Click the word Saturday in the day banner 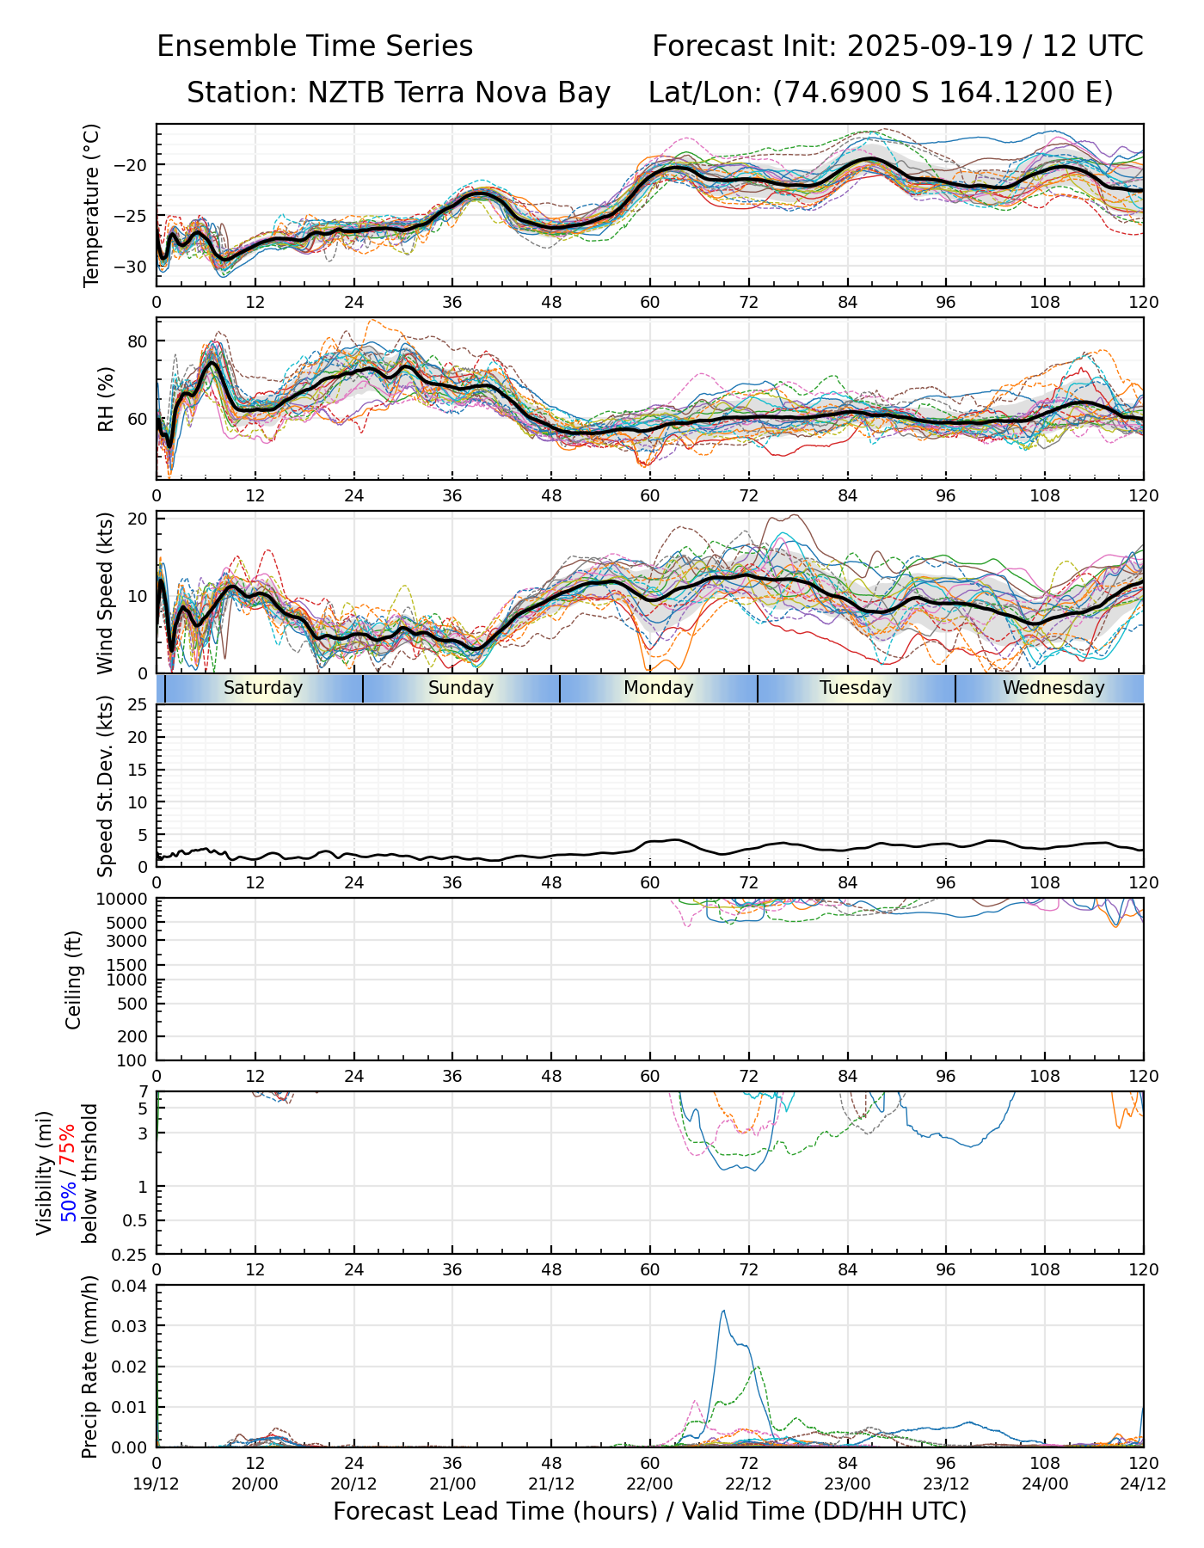pos(263,688)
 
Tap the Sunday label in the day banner pos(461,688)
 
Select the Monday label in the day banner pos(659,688)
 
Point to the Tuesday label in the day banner pos(856,688)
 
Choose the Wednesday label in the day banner pos(1053,688)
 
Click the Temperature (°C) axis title pos(92,205)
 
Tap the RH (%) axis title pos(106,399)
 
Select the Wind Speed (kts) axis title pos(105,593)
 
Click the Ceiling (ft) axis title pos(74,980)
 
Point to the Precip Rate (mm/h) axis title pos(90,1367)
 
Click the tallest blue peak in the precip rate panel pos(723,1311)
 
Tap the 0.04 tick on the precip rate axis pos(131,1286)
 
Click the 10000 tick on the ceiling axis pos(125,900)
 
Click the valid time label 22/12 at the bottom pos(748,1483)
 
